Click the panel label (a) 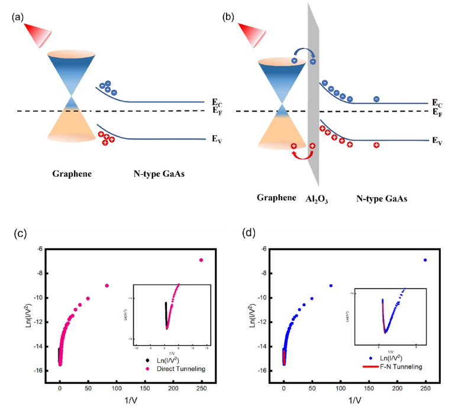coord(17,18)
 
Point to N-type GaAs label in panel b coord(382,199)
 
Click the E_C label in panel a coord(218,102)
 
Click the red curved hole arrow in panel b coord(302,154)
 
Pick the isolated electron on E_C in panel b coord(376,99)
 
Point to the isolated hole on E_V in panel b coord(376,145)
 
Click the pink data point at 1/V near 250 coord(201,260)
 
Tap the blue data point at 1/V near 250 coord(425,260)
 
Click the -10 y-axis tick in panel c coord(36,298)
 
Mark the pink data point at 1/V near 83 coord(107,285)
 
